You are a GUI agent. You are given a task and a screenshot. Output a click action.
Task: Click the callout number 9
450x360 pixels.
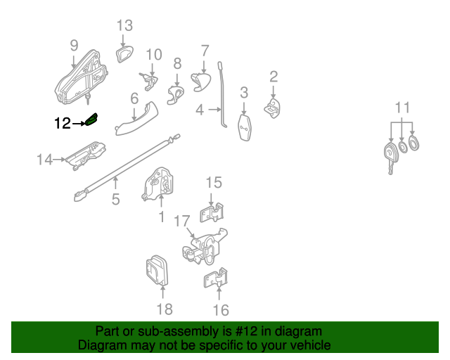tap(74, 45)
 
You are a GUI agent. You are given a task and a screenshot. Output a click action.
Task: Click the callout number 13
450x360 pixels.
tap(124, 26)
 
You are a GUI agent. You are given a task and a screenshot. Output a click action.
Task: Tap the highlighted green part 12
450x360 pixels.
tap(91, 121)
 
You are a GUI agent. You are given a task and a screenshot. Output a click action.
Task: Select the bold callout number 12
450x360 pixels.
tap(63, 124)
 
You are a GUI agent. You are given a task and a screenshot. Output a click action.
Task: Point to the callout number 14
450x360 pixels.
tap(45, 160)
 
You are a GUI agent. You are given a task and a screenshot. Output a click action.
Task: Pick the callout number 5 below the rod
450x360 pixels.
tap(115, 199)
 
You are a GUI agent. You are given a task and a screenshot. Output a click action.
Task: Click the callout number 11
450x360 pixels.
tap(401, 108)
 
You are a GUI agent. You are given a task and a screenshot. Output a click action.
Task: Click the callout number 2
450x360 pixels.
tap(274, 76)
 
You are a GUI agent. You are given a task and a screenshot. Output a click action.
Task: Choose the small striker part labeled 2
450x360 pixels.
tap(273, 106)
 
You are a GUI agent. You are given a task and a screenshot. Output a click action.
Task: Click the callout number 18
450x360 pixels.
tap(163, 309)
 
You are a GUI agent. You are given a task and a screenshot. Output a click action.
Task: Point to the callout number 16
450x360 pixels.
tap(220, 309)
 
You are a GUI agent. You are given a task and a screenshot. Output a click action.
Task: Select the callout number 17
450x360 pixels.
tap(181, 221)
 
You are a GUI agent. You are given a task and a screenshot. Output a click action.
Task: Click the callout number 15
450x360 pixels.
tap(213, 183)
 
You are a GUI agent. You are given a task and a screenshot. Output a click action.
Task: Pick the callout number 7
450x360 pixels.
tap(205, 51)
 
